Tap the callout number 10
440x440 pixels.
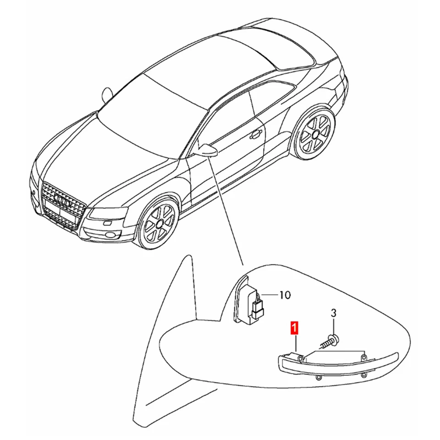click(285, 295)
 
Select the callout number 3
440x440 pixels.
click(334, 313)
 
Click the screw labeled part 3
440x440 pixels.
click(330, 341)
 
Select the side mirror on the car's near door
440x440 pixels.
click(206, 150)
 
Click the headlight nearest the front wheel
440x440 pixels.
click(104, 212)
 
